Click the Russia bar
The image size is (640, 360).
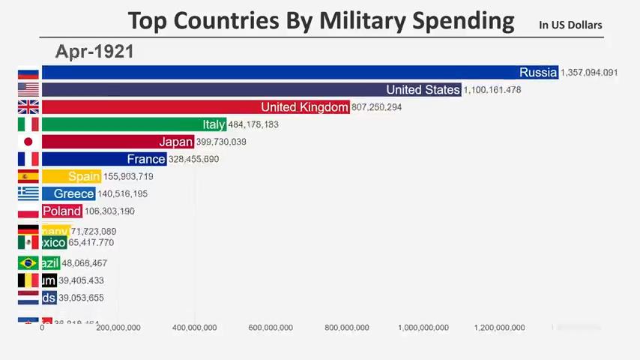(x=300, y=72)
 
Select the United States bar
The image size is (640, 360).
(x=251, y=89)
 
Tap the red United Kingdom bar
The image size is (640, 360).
(x=195, y=106)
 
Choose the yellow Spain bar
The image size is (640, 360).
(x=70, y=176)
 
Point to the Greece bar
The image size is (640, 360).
(x=68, y=193)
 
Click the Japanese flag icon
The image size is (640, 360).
(x=28, y=141)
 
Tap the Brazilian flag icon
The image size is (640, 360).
(x=28, y=262)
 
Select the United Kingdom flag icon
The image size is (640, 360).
(x=28, y=106)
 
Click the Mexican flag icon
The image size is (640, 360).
(x=28, y=242)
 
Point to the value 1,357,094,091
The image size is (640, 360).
(x=589, y=73)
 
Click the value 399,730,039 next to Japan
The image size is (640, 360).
(x=220, y=142)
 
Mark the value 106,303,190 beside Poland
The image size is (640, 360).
(x=109, y=211)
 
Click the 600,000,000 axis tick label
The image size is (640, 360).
(x=271, y=328)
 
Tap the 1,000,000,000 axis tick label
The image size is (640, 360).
(x=423, y=328)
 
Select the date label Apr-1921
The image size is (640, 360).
(x=94, y=52)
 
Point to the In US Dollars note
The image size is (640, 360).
(x=570, y=25)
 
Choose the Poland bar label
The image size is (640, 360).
(x=61, y=211)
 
